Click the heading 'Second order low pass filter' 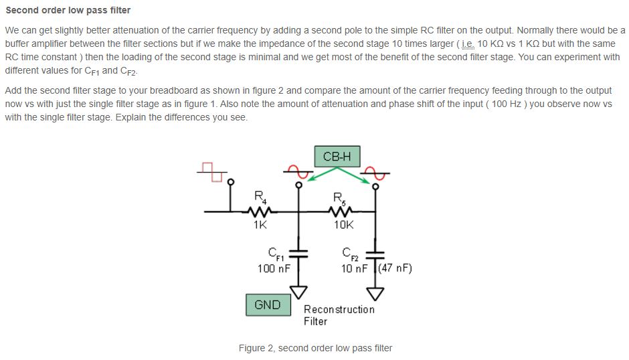(68, 10)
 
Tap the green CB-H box (337, 157)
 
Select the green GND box (268, 304)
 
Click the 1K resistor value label (260, 226)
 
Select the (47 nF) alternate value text (395, 268)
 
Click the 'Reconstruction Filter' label (339, 315)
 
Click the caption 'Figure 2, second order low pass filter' (315, 348)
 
